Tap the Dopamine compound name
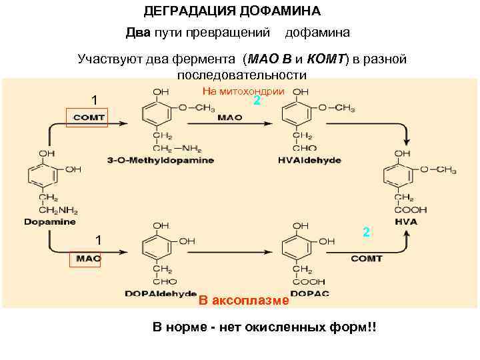tap(50, 221)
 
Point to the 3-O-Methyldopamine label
tap(160, 161)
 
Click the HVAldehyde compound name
tap(308, 161)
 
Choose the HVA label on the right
tap(405, 221)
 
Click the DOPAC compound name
tap(308, 293)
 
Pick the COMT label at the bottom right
tap(366, 258)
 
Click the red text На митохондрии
tap(243, 91)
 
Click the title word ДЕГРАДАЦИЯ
tap(186, 11)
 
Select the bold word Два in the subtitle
tap(139, 32)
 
